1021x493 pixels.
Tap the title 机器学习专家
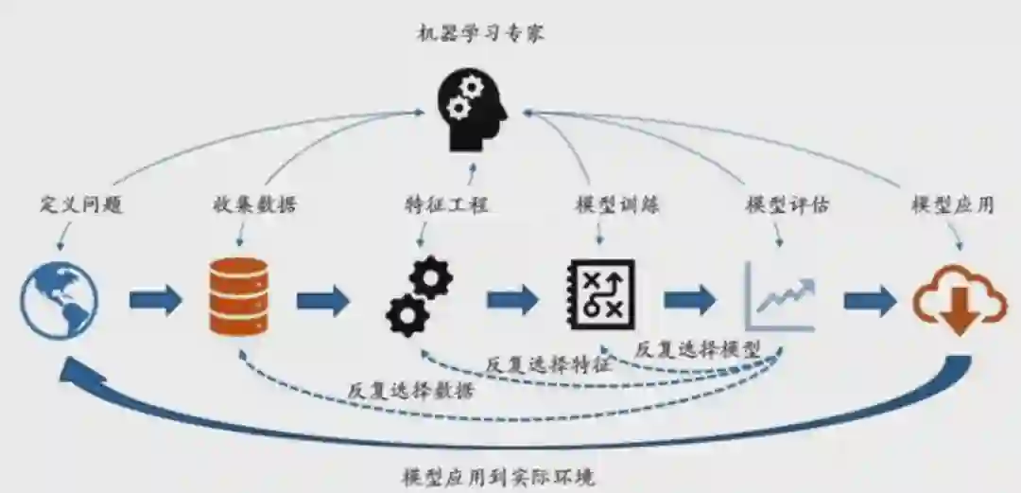pos(480,34)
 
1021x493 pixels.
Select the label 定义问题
pos(82,204)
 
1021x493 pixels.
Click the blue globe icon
pos(60,301)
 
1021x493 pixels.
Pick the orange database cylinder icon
pos(238,296)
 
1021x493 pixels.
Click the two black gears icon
pos(419,296)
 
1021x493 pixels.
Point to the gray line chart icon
pos(781,296)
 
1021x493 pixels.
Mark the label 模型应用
pos(952,204)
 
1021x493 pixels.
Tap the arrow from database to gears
pos(323,301)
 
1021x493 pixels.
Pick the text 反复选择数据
pos(409,389)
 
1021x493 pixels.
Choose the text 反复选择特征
pos(548,363)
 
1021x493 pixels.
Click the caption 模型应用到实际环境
pos(498,475)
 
